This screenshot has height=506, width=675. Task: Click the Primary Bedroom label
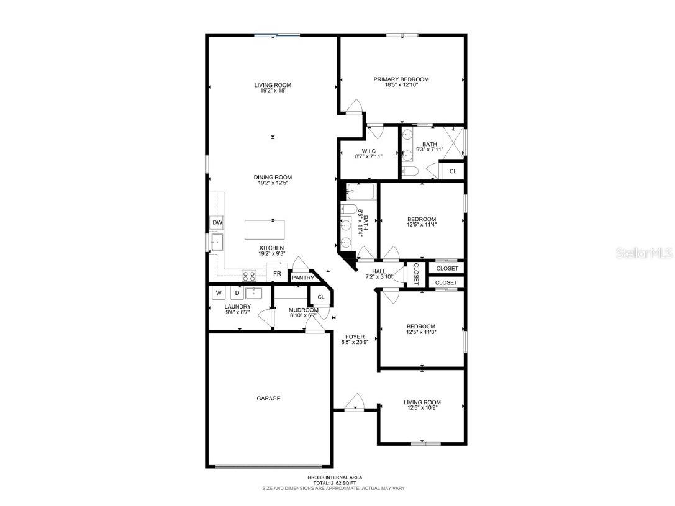(x=401, y=79)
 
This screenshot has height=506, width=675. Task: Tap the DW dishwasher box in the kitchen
(x=217, y=222)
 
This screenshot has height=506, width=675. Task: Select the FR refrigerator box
(x=277, y=273)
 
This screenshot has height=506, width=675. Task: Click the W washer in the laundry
(x=219, y=292)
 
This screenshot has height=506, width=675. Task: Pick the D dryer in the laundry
(x=237, y=292)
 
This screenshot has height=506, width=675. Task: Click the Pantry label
(x=302, y=278)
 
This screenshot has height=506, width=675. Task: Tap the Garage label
(x=268, y=399)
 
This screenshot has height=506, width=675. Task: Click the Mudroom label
(x=303, y=310)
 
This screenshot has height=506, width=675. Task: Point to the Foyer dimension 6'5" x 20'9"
(x=355, y=342)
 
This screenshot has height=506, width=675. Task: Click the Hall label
(x=379, y=271)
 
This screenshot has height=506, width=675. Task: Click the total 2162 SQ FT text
(x=335, y=482)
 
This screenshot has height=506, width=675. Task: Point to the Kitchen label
(x=272, y=248)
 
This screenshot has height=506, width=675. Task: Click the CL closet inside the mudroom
(x=320, y=297)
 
